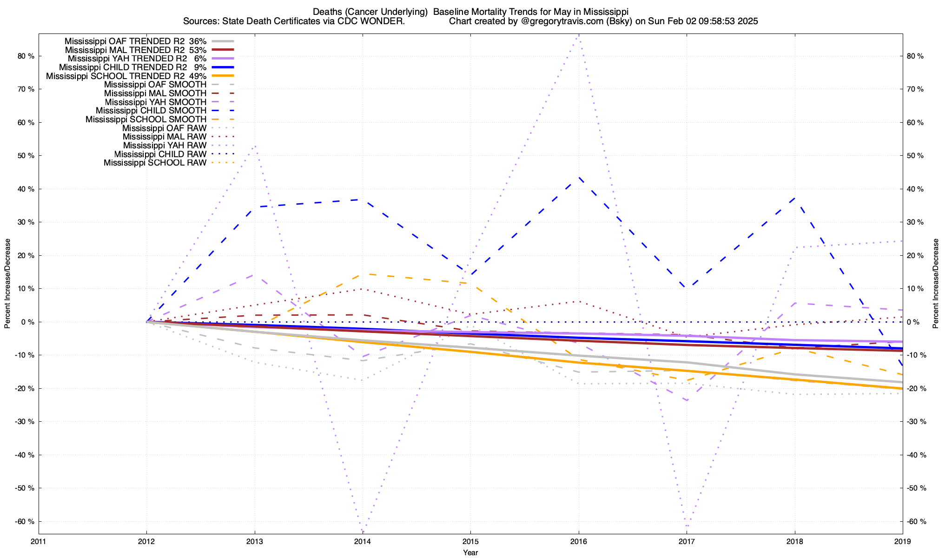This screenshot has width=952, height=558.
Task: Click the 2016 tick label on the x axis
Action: tap(578, 541)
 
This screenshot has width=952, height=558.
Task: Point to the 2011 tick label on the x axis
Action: tap(39, 541)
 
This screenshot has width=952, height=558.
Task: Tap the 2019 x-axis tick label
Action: tap(902, 541)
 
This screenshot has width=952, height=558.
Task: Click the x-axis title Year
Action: tap(470, 552)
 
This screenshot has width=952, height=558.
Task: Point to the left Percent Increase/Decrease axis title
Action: tap(7, 284)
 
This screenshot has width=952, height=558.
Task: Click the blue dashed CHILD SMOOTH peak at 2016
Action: tap(579, 177)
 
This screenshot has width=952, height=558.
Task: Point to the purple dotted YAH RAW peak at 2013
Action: tap(255, 146)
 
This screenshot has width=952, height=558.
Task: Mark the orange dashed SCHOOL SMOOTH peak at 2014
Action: tap(363, 274)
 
